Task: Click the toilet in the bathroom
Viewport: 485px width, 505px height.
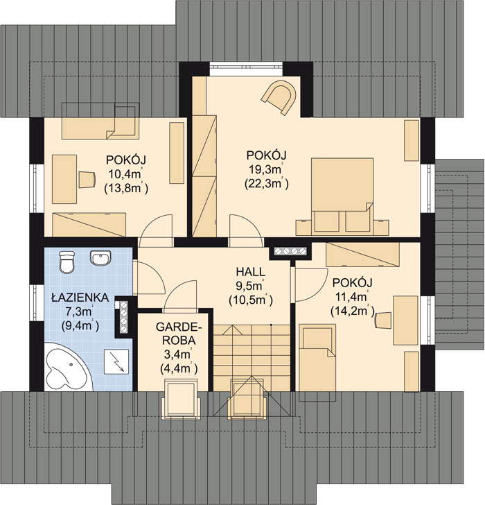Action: click(x=67, y=262)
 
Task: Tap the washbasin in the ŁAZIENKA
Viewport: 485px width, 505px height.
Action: click(x=101, y=258)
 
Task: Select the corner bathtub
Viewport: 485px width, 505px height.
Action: click(x=67, y=367)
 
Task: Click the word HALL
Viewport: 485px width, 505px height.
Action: click(x=251, y=272)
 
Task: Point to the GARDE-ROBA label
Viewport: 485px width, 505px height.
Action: click(x=179, y=334)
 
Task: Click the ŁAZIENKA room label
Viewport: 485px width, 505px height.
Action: click(x=80, y=298)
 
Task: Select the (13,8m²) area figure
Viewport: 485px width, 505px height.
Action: click(x=126, y=188)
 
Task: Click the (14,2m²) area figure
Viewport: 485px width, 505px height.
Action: click(x=353, y=311)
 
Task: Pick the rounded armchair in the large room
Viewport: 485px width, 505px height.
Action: click(x=279, y=96)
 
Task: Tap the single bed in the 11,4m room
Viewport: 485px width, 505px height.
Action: click(x=317, y=357)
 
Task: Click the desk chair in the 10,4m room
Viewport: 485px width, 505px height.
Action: click(x=87, y=180)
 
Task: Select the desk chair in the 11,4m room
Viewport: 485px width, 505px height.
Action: click(x=382, y=320)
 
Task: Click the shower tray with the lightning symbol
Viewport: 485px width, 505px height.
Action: click(x=116, y=361)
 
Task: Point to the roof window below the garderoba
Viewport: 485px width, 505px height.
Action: click(x=181, y=400)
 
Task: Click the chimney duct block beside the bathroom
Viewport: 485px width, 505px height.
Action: click(x=123, y=316)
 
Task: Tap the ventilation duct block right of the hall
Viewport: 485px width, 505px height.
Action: click(x=290, y=251)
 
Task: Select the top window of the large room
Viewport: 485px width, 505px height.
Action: click(x=247, y=65)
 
